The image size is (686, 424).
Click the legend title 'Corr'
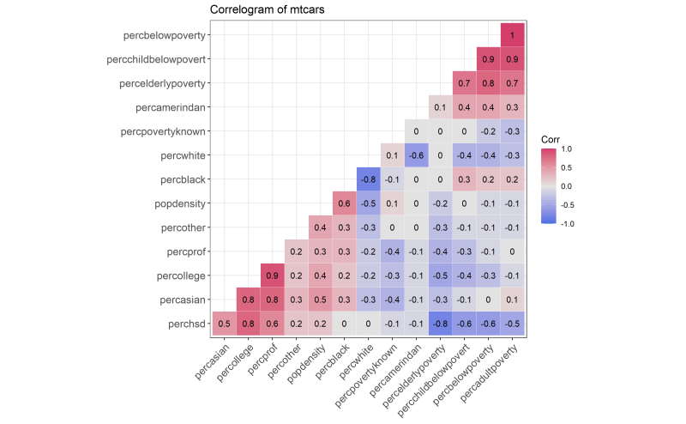551,138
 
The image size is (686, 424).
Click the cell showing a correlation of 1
513,35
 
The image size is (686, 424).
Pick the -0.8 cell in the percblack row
368,179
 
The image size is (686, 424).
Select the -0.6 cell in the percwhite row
416,155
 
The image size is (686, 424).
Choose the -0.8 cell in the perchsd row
440,324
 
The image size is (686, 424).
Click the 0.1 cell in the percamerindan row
440,107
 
